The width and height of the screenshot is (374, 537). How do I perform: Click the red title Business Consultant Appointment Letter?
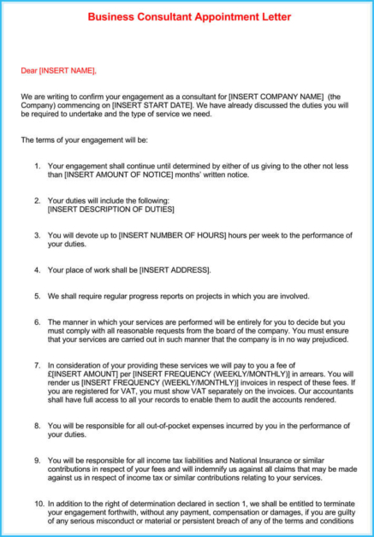pos(189,16)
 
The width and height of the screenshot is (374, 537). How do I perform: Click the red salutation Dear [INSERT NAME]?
pos(59,70)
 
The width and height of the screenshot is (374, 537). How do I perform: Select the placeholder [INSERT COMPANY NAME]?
pos(276,96)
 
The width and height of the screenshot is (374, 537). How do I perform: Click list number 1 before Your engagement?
pos(37,166)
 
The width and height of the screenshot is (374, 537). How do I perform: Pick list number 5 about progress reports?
pos(37,296)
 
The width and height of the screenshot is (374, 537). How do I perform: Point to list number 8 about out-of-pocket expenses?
pos(37,425)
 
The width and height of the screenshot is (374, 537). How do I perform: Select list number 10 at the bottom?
pos(39,505)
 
